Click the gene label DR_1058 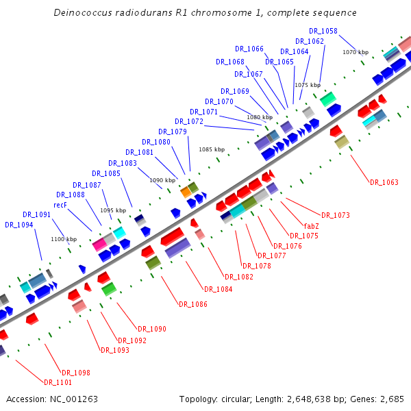coord(323,31)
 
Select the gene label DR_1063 coord(384,182)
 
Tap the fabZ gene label coord(311,225)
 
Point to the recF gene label coord(60,205)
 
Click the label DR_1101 coord(58,382)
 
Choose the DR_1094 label coord(18,224)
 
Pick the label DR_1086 coord(192,304)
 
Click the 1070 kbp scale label coord(356,52)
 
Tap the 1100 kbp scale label coord(64,239)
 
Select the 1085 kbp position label coord(212,149)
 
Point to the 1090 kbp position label coord(162,180)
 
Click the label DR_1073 coord(335,215)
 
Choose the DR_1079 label coord(173,132)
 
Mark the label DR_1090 coord(152,329)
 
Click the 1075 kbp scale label coord(308,85)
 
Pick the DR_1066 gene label coord(249,49)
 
